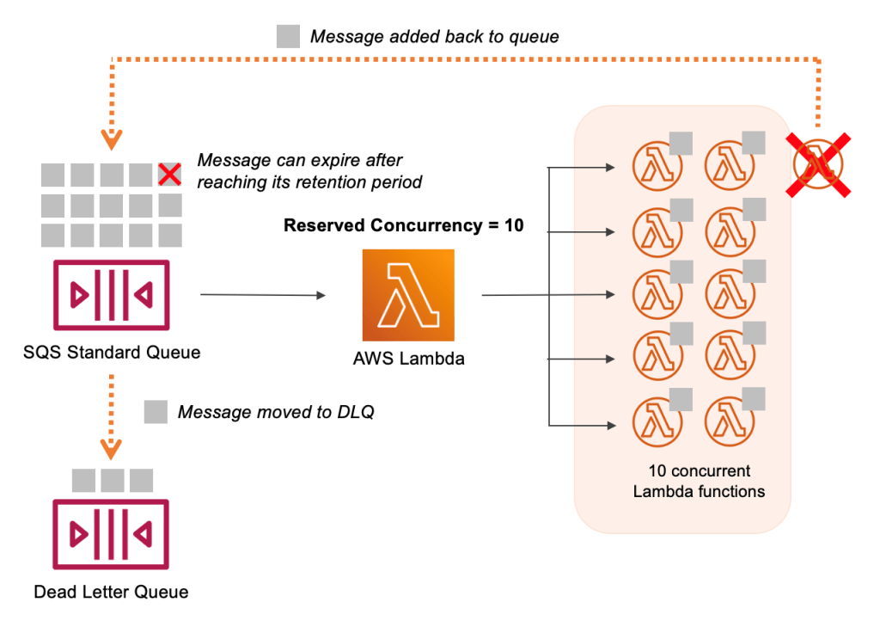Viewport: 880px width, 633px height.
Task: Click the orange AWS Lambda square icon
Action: tap(408, 295)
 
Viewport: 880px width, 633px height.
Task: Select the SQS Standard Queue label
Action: tap(112, 352)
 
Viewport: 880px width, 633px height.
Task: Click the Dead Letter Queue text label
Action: tap(111, 592)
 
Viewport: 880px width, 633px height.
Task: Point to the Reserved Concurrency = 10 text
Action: tap(404, 226)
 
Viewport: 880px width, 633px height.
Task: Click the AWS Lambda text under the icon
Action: tap(408, 359)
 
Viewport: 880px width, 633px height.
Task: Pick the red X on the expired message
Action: tap(170, 175)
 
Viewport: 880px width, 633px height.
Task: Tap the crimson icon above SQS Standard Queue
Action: tap(112, 294)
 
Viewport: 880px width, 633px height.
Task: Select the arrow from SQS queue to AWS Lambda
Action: tap(263, 295)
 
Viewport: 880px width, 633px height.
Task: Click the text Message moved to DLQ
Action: tap(276, 413)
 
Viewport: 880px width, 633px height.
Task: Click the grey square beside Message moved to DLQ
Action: tap(156, 412)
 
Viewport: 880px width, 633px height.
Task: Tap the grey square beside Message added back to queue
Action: tap(288, 36)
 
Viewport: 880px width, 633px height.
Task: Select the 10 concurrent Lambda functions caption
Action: tap(699, 482)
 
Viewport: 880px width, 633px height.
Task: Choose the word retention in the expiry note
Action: tap(346, 182)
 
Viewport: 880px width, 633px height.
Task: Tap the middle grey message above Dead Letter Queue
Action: tap(112, 480)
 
